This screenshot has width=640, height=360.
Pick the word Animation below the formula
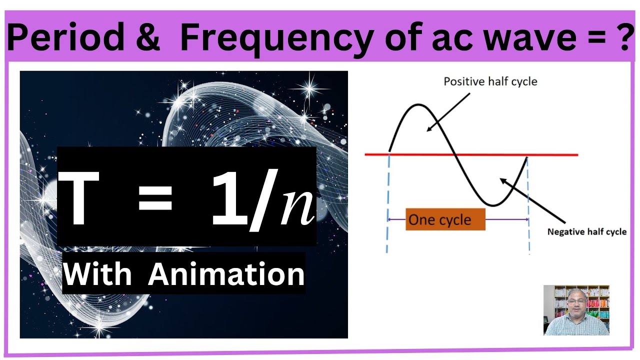point(226,274)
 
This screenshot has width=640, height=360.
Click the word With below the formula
point(98,274)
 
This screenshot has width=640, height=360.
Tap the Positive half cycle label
point(490,81)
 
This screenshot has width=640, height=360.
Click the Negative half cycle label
point(586,232)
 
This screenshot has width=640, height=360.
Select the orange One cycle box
point(445,219)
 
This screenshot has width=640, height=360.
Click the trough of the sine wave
point(492,205)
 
